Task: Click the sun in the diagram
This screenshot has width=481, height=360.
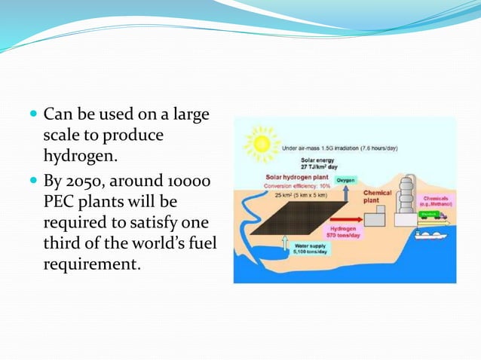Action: (262, 143)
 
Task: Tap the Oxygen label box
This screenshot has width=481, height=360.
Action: (345, 181)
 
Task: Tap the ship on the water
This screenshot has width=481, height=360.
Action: (427, 238)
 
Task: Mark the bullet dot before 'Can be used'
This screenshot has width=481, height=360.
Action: (32, 114)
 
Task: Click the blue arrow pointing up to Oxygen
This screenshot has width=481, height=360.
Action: (345, 194)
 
